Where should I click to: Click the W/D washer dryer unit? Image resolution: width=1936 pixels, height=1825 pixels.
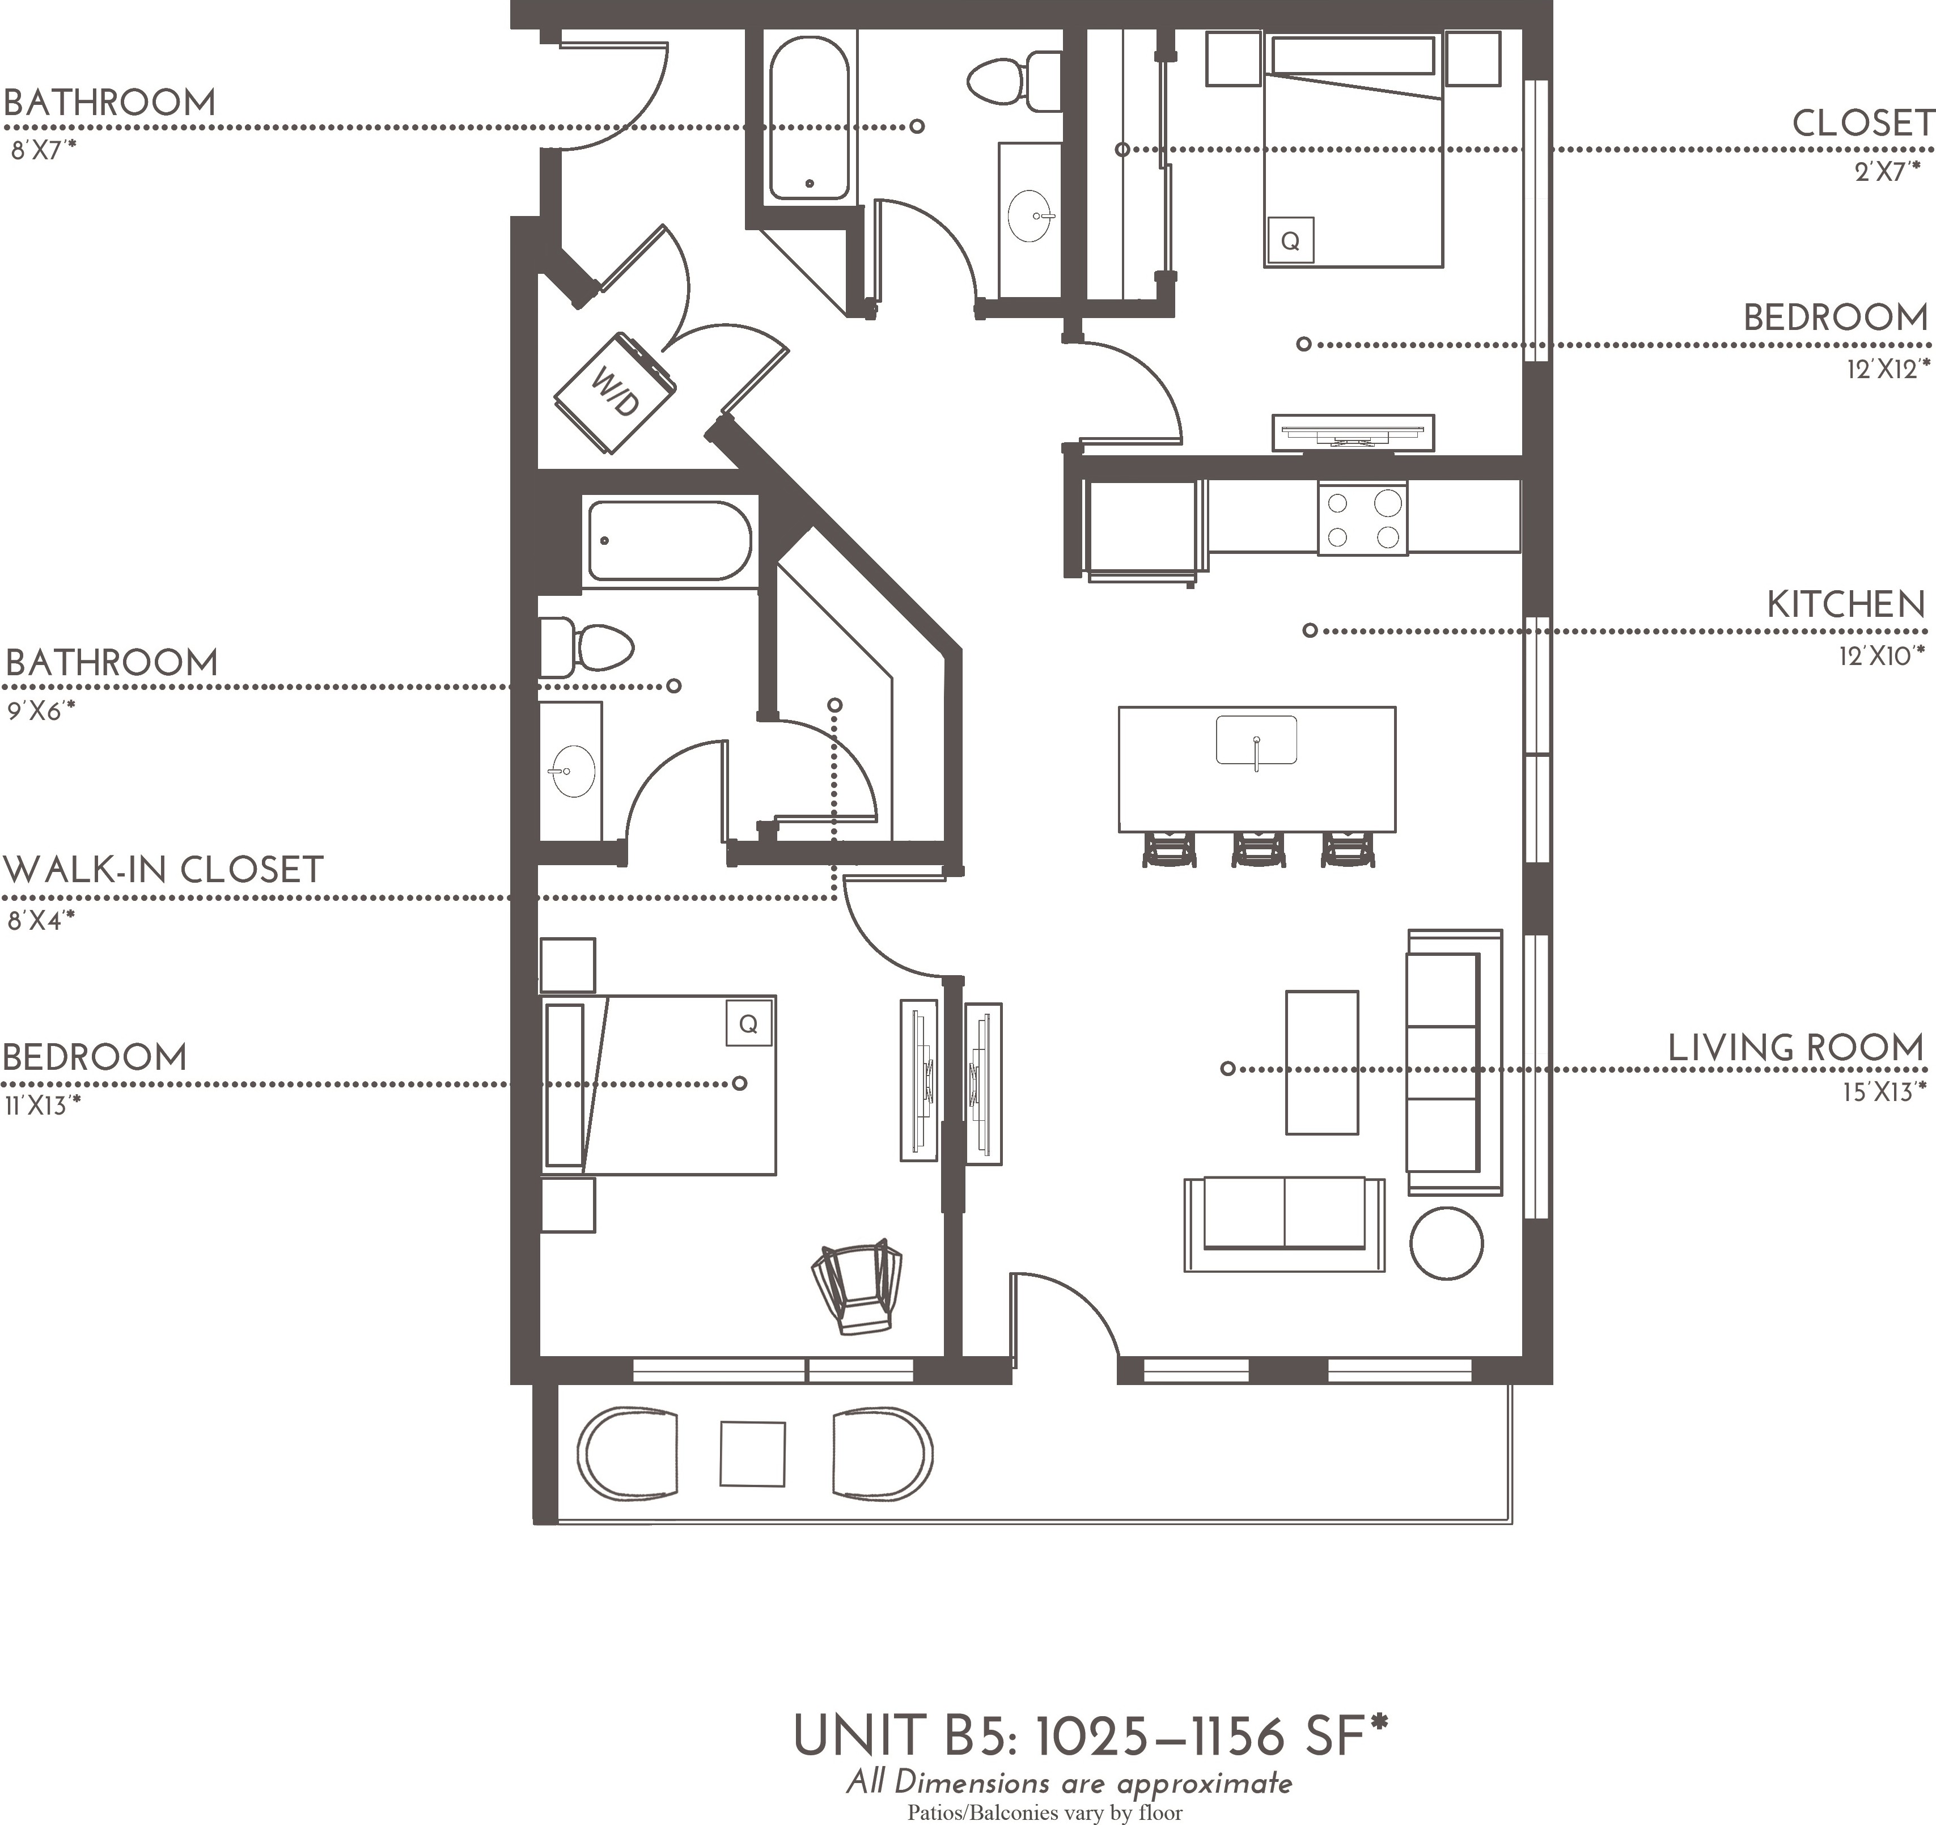[x=615, y=392]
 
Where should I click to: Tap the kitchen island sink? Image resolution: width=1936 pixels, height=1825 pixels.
[x=1256, y=740]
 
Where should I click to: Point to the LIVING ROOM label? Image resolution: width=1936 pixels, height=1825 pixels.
[x=1797, y=1049]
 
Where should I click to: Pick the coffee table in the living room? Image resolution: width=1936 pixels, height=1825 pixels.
[x=1321, y=1062]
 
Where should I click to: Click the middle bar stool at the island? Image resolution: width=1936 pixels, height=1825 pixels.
[x=1258, y=849]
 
